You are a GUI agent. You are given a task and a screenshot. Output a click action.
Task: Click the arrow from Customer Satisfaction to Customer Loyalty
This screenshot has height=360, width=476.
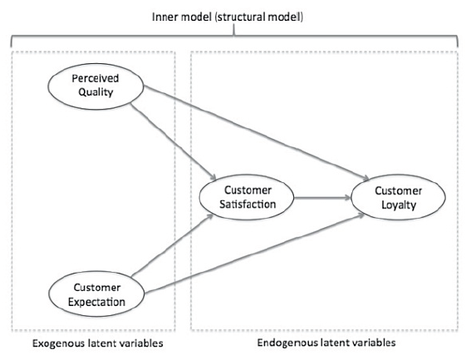(x=322, y=198)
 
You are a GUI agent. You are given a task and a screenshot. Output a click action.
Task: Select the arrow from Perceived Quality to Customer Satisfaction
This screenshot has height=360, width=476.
(x=173, y=142)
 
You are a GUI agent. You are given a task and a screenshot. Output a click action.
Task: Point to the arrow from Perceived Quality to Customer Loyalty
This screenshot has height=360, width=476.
(x=257, y=133)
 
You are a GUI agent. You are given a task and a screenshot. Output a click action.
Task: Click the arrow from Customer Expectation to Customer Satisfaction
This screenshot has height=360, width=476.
(x=173, y=245)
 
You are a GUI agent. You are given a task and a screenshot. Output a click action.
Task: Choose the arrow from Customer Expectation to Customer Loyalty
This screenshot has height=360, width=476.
(x=254, y=254)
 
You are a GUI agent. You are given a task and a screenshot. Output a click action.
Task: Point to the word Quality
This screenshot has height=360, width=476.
(x=96, y=92)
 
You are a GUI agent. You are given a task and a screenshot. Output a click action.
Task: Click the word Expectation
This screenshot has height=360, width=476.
(x=96, y=303)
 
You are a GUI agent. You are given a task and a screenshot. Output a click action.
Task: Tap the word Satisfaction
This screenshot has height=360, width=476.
(x=248, y=205)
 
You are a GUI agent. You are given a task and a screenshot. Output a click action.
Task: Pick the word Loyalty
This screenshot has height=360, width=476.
(x=399, y=205)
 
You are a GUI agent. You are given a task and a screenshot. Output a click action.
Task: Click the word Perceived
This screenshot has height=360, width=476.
(x=96, y=78)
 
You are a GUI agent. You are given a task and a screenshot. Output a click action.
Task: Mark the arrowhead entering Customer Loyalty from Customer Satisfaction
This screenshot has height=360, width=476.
(x=348, y=198)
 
